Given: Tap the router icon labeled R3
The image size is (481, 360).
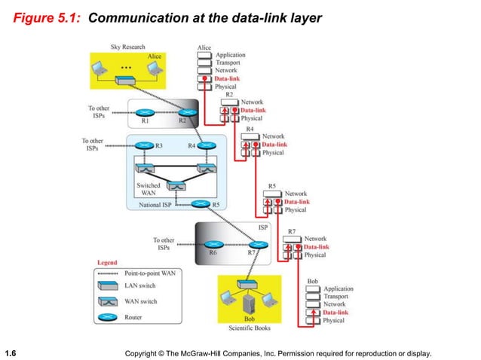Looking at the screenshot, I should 143,145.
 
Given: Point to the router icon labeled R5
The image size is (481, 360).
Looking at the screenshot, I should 201,203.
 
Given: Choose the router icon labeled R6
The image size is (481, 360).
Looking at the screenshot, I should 213,244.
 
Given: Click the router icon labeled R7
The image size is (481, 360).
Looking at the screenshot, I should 259,244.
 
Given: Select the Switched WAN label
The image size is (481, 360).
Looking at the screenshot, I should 148,188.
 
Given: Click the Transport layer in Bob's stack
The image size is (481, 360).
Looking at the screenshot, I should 337,296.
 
